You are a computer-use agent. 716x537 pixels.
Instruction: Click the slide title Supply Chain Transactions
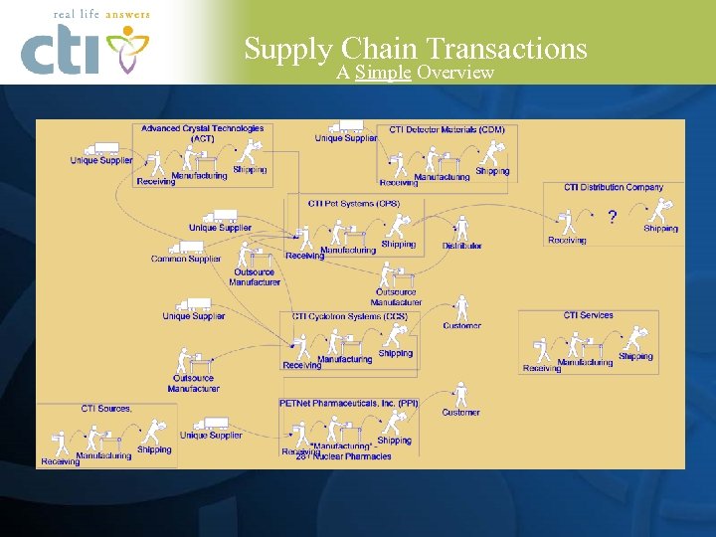tap(416, 49)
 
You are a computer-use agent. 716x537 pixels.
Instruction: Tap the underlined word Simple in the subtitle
tap(383, 73)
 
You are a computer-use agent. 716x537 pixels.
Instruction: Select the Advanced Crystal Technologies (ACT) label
tap(202, 133)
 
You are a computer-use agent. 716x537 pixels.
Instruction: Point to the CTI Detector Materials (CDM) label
tap(447, 129)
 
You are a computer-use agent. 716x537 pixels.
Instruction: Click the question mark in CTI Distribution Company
tap(612, 216)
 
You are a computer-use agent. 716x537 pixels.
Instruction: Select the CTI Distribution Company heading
tap(614, 187)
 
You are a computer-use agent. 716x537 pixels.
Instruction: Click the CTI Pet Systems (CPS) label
tap(354, 203)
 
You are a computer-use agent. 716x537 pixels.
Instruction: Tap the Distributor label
tap(462, 246)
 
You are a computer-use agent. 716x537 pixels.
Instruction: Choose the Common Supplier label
tap(186, 259)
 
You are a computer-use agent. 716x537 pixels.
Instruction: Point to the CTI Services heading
tap(589, 315)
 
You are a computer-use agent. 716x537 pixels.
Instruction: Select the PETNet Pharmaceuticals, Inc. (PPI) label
tap(350, 403)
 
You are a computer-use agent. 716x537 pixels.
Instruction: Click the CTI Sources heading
tap(106, 408)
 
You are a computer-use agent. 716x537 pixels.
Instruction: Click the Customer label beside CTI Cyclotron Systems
tap(461, 325)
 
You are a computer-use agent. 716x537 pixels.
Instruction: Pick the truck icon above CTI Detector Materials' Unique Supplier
tap(349, 126)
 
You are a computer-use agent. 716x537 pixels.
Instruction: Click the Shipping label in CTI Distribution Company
tap(660, 229)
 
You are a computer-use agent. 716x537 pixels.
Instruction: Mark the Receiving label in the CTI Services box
tap(542, 369)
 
